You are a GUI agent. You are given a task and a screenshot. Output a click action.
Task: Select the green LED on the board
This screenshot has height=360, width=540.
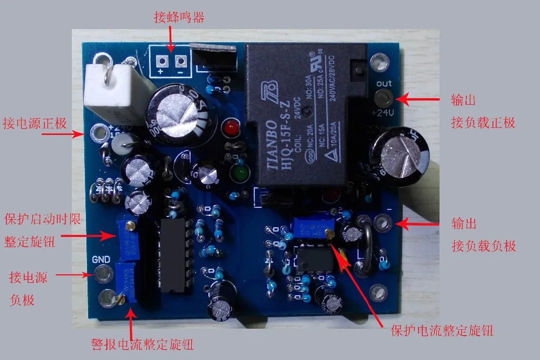[x=238, y=174]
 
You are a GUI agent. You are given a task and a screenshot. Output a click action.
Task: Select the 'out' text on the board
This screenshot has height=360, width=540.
[x=383, y=83]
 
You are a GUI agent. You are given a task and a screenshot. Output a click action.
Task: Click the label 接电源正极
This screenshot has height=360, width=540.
[x=35, y=123]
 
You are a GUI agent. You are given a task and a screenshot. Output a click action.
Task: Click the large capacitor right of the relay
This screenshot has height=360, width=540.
[x=397, y=154]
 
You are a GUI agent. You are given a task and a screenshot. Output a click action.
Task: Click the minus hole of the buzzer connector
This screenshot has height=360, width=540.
[x=180, y=61]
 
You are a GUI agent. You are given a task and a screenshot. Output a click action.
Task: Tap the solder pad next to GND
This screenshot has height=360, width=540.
[x=101, y=274]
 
